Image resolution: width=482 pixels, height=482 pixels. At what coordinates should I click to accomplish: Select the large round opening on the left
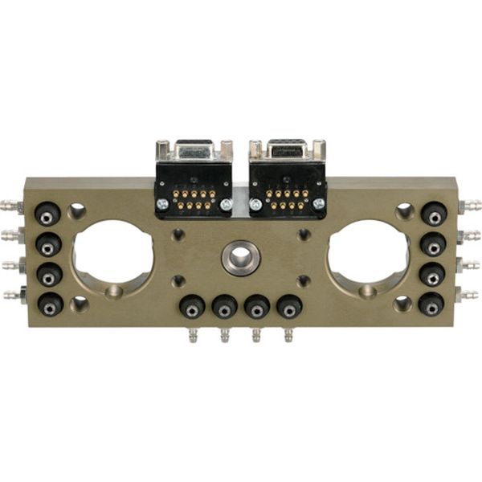click(112, 251)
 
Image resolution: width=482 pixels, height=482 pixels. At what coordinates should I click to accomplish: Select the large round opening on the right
click(369, 251)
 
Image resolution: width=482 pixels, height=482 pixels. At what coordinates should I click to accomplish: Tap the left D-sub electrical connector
click(194, 181)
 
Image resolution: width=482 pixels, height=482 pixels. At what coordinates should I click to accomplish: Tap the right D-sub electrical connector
click(288, 181)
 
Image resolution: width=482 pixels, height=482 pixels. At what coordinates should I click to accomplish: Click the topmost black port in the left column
click(48, 214)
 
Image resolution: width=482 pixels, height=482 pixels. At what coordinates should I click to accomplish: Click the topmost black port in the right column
click(434, 214)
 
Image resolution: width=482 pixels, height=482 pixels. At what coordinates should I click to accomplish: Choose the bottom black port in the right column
click(432, 304)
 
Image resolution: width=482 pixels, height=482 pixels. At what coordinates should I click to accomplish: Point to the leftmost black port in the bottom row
click(192, 307)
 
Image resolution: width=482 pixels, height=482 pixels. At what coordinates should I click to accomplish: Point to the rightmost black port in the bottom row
click(289, 307)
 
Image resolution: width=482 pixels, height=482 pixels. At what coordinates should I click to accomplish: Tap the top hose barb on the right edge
click(471, 206)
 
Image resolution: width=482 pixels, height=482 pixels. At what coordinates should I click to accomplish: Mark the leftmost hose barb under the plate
click(192, 335)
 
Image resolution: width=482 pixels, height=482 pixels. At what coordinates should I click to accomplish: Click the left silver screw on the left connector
click(162, 205)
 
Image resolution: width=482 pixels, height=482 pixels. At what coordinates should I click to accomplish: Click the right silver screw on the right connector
click(319, 205)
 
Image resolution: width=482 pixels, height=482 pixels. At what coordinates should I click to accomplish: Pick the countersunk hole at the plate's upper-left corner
click(77, 210)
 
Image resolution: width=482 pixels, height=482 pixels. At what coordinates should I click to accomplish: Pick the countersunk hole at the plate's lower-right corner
click(404, 304)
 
